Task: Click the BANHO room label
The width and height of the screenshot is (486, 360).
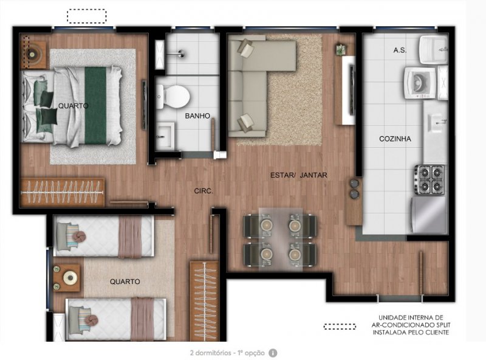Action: tap(197, 116)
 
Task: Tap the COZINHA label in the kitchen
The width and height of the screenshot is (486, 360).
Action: tap(395, 139)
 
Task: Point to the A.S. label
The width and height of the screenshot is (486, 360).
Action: tap(400, 50)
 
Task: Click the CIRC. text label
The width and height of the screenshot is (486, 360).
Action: tap(204, 191)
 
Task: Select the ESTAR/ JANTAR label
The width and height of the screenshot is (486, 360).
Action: tap(298, 175)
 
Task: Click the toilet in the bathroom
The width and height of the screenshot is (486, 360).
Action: tap(173, 96)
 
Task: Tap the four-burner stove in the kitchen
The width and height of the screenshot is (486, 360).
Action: tap(430, 179)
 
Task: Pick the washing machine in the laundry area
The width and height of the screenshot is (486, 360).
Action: tap(420, 83)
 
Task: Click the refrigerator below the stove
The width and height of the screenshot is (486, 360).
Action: tap(429, 215)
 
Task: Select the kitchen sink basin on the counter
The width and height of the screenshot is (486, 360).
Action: tap(435, 123)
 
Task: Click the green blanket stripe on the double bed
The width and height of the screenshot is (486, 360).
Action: tap(95, 106)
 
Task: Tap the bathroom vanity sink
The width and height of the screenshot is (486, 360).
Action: tap(165, 136)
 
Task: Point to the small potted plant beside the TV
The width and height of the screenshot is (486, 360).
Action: tap(340, 49)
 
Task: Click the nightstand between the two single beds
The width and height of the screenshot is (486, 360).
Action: tap(66, 277)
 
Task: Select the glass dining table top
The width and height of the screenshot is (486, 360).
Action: tap(281, 239)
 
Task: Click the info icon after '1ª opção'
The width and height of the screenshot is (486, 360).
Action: tap(273, 353)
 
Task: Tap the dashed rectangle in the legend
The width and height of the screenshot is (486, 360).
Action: tap(340, 327)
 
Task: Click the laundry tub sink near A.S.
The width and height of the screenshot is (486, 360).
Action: tap(434, 50)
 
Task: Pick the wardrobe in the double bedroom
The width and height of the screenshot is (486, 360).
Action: tap(63, 192)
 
